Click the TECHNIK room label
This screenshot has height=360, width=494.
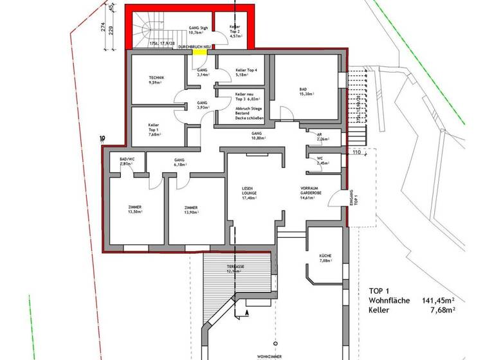156,80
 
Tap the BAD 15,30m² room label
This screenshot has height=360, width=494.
306,91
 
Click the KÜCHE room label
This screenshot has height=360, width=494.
325,258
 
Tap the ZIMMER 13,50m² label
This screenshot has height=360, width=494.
135,210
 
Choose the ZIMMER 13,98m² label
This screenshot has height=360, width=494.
190,210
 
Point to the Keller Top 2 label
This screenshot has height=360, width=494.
235,31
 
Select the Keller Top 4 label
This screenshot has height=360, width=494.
246,72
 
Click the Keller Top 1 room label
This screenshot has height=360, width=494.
154,130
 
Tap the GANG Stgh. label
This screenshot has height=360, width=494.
197,31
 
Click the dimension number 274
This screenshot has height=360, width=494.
103,28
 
